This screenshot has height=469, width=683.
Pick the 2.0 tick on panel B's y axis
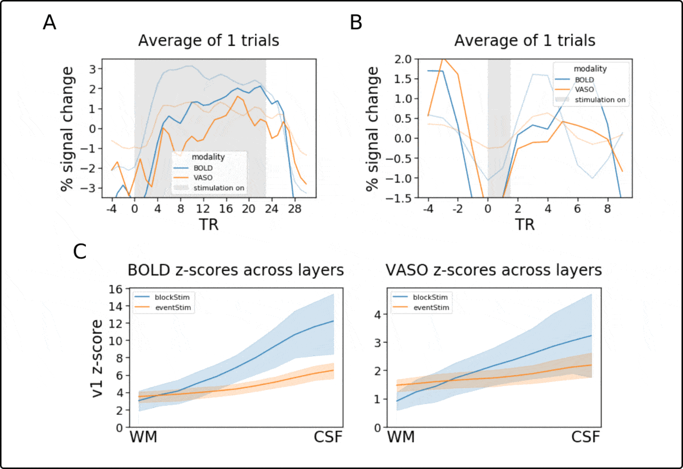[x=410, y=59]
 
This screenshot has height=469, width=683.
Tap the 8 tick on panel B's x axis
[x=608, y=209]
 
